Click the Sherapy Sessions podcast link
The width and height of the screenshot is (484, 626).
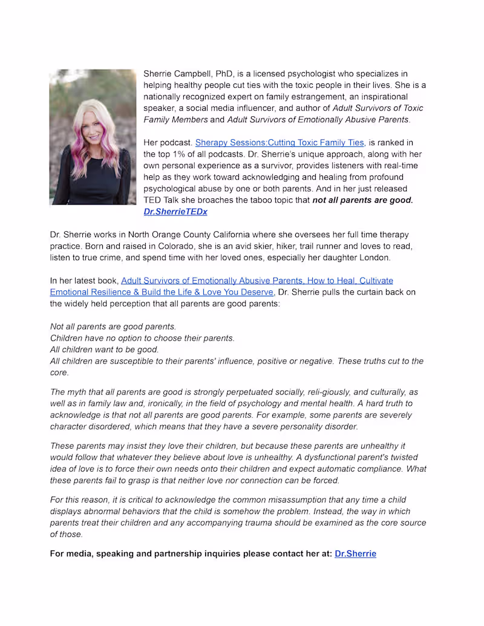[280, 143]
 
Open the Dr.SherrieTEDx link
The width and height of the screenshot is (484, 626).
[175, 212]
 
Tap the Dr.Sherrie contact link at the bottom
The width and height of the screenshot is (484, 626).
[355, 553]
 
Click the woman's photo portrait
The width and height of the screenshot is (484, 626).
[93, 137]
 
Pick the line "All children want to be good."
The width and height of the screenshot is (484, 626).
[105, 350]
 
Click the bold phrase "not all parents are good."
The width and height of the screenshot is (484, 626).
[362, 200]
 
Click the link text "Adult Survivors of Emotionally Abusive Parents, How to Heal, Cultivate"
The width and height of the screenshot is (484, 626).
[257, 281]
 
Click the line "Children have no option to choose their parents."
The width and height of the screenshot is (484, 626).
[142, 338]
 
